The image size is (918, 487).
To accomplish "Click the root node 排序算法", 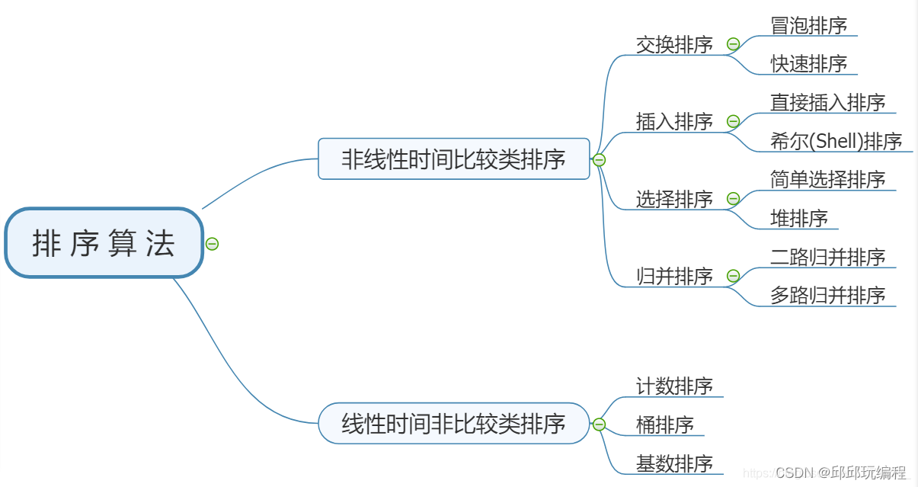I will [x=104, y=243].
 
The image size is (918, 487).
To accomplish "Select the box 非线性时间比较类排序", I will [x=453, y=159].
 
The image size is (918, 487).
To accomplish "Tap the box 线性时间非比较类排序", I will [x=453, y=424].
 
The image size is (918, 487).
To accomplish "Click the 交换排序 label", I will [x=674, y=44].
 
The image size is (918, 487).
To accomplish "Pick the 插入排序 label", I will [x=674, y=121].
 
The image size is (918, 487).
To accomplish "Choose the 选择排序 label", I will [x=674, y=199].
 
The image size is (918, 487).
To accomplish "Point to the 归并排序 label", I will [x=674, y=276].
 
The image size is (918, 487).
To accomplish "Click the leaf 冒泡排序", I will [x=809, y=25].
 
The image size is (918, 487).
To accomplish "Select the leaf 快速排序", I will [x=809, y=64].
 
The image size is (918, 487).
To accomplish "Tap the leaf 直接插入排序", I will [x=828, y=102].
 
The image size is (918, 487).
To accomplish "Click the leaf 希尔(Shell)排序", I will [x=836, y=141].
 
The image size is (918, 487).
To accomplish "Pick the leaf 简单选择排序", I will [x=828, y=180].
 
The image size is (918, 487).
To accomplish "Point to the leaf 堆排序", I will [x=799, y=219].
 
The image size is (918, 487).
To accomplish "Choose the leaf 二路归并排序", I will [x=828, y=257].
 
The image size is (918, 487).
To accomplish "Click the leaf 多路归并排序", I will [x=828, y=296].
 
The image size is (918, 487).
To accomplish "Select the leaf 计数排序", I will [x=674, y=386].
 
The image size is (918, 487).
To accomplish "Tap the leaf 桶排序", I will [x=665, y=425].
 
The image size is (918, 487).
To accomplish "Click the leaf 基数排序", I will [x=674, y=463].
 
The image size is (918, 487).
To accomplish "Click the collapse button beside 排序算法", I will [x=213, y=244].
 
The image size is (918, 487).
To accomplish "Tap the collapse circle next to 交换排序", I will [x=733, y=44].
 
